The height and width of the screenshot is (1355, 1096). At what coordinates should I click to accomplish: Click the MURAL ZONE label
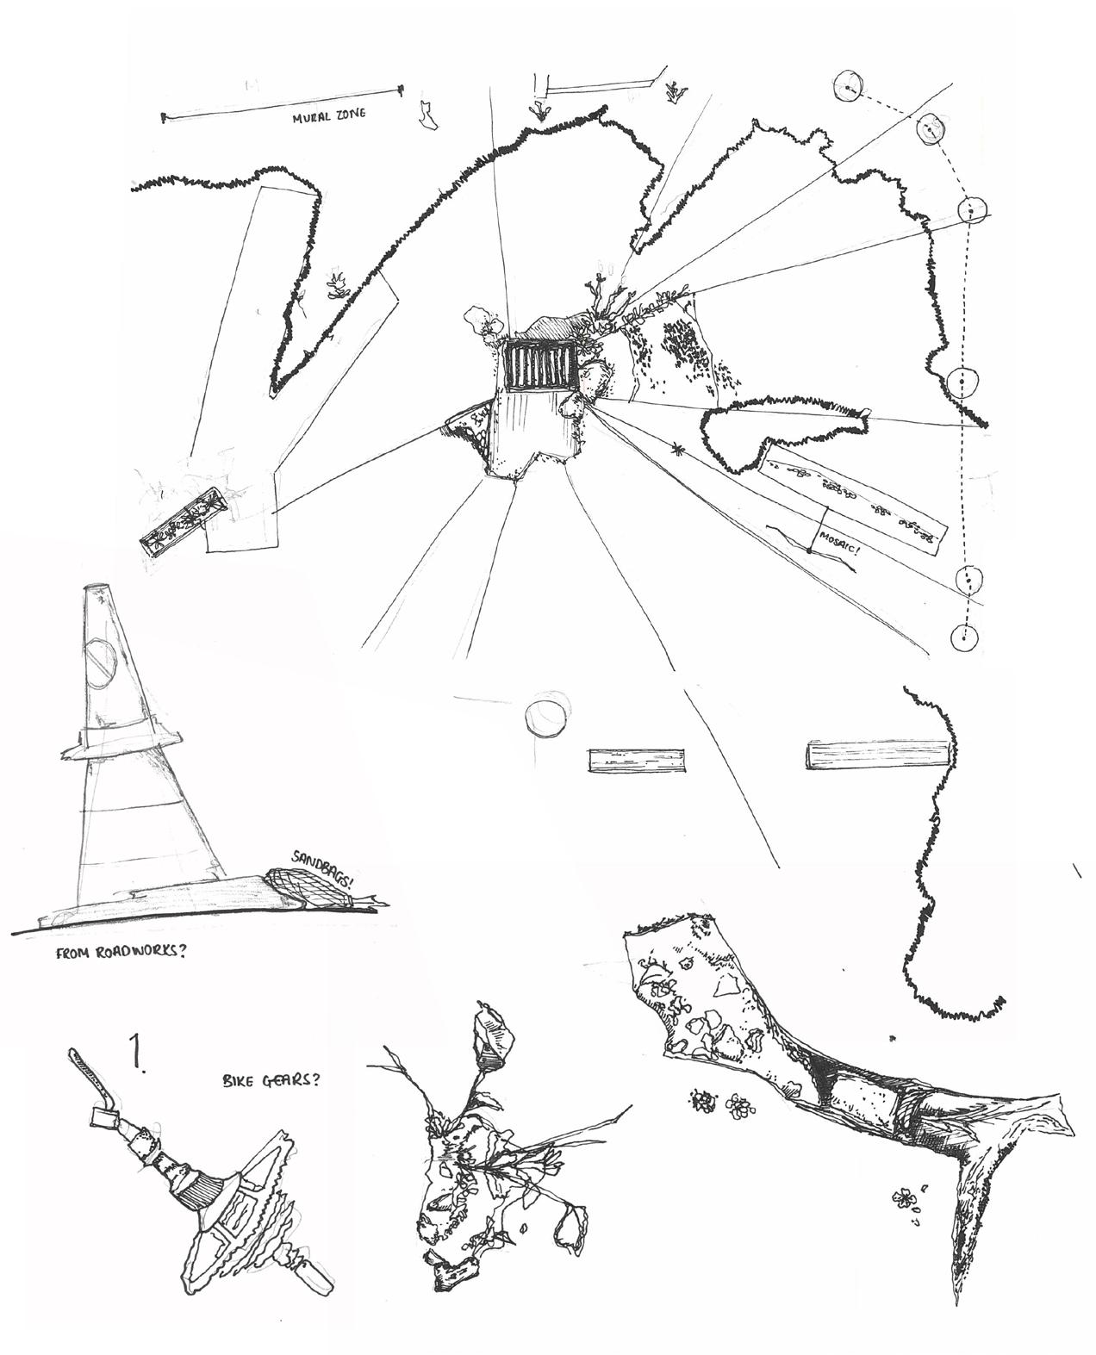(329, 117)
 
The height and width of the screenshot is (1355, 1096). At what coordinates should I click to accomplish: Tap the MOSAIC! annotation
(839, 543)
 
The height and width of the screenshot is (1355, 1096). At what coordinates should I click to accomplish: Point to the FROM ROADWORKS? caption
(121, 953)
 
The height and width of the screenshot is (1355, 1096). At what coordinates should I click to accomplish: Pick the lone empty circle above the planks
(545, 718)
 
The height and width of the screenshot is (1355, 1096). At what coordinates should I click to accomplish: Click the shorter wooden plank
(636, 761)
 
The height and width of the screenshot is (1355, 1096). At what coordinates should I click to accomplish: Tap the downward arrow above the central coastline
(540, 110)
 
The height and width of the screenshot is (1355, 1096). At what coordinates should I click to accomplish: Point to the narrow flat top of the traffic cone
(97, 587)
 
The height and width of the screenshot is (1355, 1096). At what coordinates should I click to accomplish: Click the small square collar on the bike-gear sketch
(106, 1118)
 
